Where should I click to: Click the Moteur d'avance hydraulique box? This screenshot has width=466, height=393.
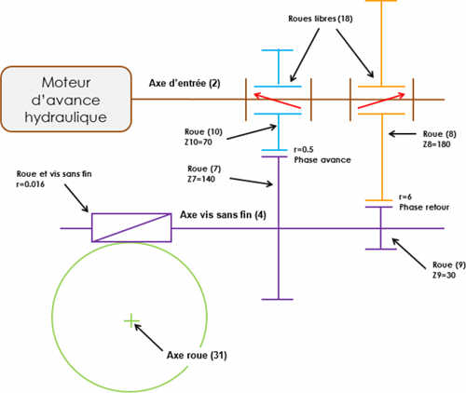[66, 100]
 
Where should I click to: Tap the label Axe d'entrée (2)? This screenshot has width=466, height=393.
[185, 83]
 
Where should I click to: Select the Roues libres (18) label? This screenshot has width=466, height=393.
[321, 19]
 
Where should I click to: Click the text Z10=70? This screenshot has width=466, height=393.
[199, 142]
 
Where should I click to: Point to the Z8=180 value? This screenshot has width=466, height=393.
[436, 144]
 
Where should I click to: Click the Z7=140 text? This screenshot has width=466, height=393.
[201, 179]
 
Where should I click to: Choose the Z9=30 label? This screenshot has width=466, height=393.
[444, 275]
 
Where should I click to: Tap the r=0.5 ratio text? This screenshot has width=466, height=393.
[304, 150]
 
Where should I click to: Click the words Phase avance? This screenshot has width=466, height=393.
[322, 160]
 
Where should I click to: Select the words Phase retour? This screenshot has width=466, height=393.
[424, 207]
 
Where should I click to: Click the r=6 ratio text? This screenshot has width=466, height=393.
[405, 196]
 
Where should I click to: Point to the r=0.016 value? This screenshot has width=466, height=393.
[30, 184]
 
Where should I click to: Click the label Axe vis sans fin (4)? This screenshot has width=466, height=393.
[223, 215]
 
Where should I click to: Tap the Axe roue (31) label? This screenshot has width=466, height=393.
[197, 355]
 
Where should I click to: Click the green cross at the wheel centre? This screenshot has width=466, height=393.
[131, 320]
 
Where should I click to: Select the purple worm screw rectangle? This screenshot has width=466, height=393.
[131, 227]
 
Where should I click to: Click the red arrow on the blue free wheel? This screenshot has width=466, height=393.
[278, 101]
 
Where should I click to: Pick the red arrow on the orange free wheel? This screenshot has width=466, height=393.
[382, 101]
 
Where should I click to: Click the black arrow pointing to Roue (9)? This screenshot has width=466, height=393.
[409, 253]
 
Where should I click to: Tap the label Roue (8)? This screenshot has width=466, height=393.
[440, 134]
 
